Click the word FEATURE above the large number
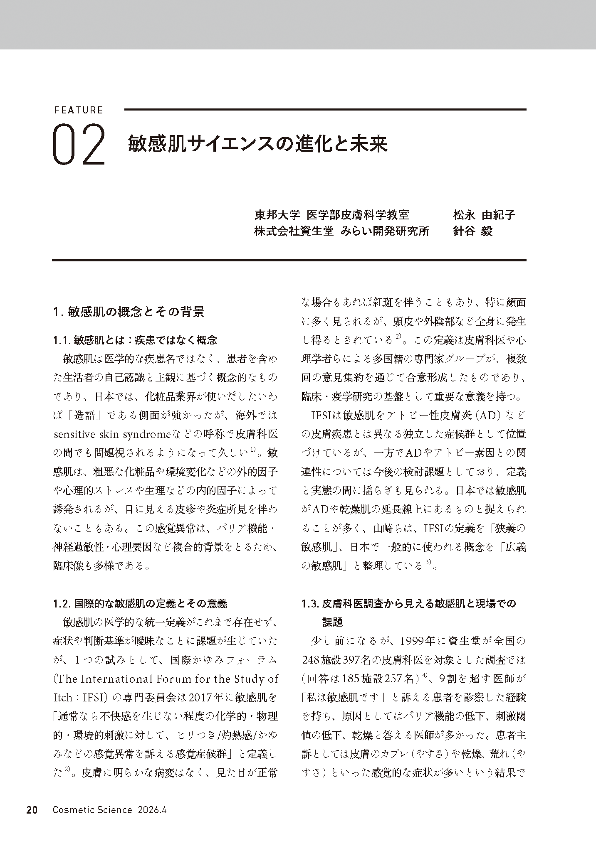[x=78, y=111]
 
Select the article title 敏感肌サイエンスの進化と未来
[x=258, y=144]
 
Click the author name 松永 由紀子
[x=484, y=215]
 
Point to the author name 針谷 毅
[x=473, y=231]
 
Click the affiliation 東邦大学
[x=277, y=215]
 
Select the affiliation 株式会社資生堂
[x=294, y=231]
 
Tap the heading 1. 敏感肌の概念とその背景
[x=129, y=312]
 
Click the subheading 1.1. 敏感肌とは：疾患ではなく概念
[x=135, y=340]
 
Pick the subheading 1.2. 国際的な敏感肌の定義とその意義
[x=140, y=603]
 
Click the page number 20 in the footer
[x=32, y=810]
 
